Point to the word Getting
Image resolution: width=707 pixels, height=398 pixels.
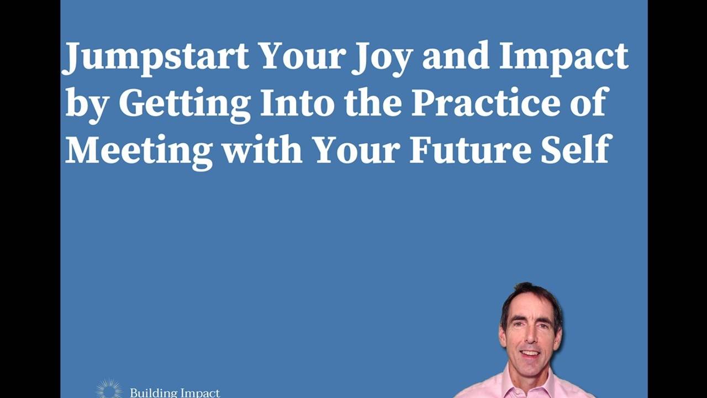click(184, 103)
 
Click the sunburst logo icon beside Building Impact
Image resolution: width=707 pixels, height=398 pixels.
click(108, 389)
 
